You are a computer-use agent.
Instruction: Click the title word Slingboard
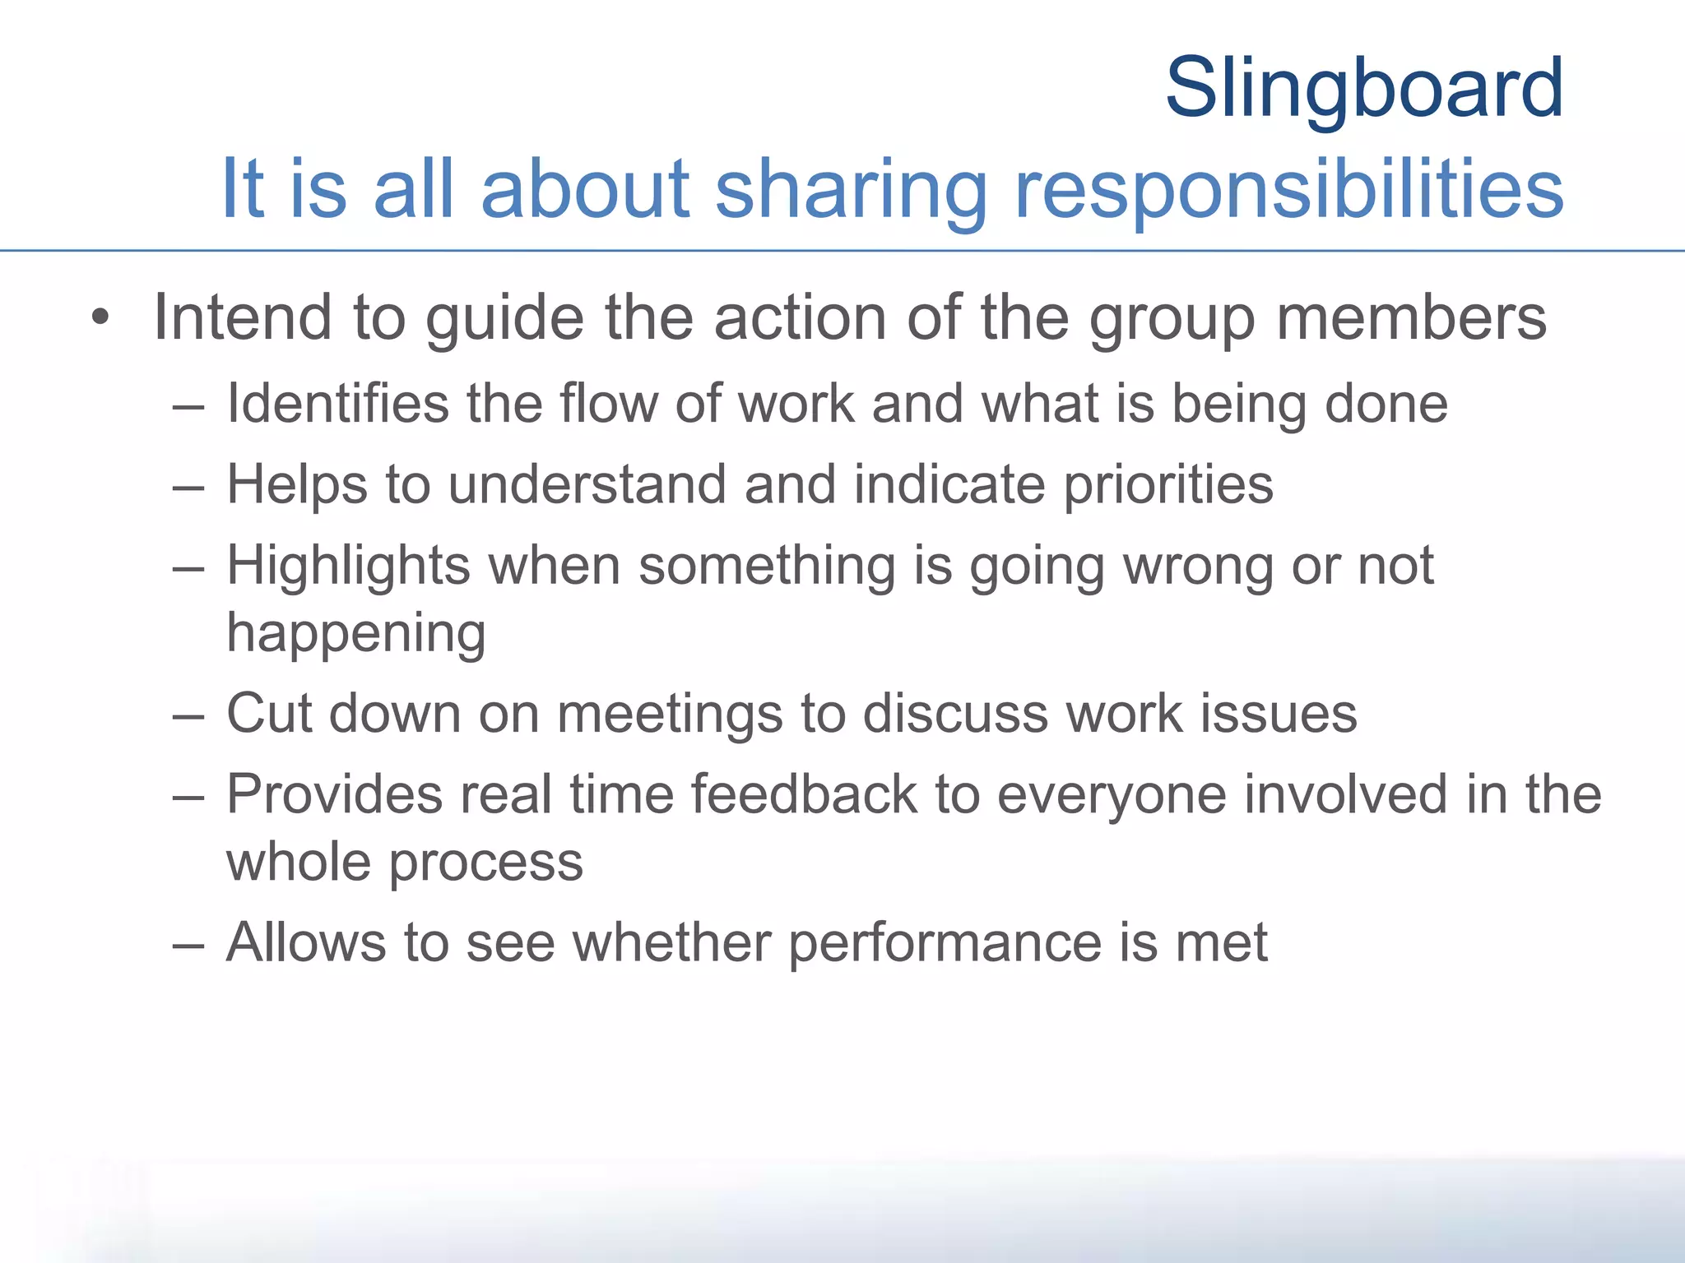[x=1364, y=88]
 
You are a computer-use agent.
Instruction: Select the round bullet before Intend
[x=100, y=318]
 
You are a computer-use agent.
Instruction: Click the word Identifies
[x=338, y=404]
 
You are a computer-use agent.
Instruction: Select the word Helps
[x=296, y=484]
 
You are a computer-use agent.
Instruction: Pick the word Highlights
[x=348, y=567]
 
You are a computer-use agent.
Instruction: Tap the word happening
[x=356, y=634]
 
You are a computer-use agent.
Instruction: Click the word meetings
[x=669, y=714]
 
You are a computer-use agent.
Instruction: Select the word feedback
[x=803, y=794]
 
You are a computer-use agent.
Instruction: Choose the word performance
[x=944, y=942]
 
